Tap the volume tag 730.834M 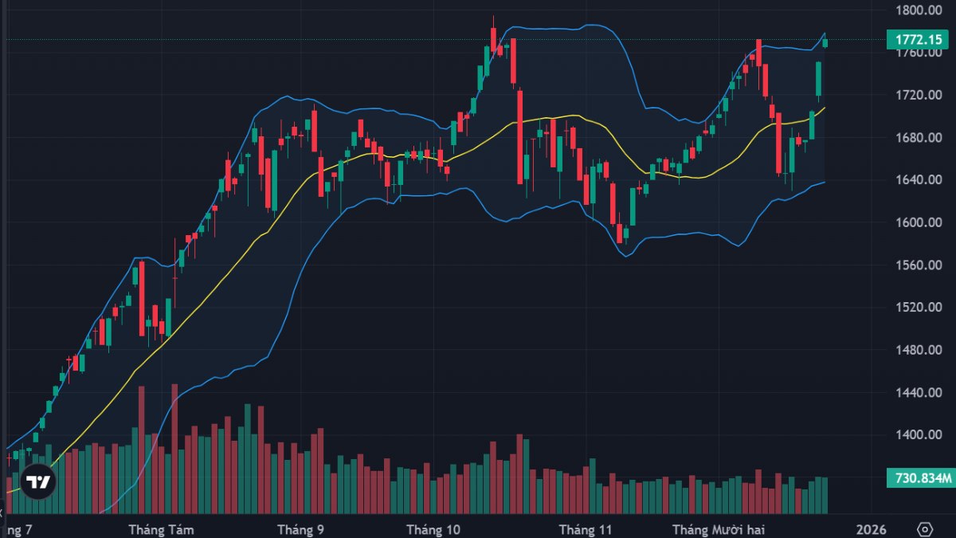[919, 478]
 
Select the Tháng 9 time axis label [300, 529]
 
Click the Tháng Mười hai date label [719, 529]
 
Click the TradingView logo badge [37, 481]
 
